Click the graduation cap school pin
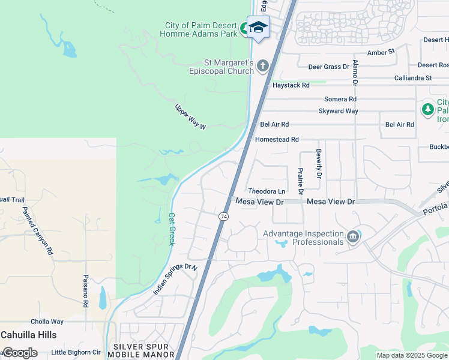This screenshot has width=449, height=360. click(x=258, y=27)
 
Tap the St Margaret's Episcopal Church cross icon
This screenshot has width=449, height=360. click(x=262, y=66)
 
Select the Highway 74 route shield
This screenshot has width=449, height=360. click(x=223, y=216)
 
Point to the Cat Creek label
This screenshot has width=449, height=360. click(x=171, y=229)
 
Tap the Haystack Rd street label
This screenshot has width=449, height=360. click(x=291, y=86)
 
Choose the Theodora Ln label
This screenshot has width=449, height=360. click(x=267, y=191)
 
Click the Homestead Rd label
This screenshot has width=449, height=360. click(x=277, y=139)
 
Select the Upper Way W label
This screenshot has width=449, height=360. click(x=190, y=117)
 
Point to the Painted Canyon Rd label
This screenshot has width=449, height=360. click(x=37, y=231)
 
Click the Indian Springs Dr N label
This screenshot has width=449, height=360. click(x=175, y=280)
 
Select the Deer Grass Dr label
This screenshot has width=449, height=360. click(x=328, y=67)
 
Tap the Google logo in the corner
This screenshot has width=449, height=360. click(x=20, y=353)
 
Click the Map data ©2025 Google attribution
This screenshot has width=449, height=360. click(x=411, y=355)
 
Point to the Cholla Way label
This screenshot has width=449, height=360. click(x=49, y=322)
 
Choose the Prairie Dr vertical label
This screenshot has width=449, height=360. click(x=299, y=181)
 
